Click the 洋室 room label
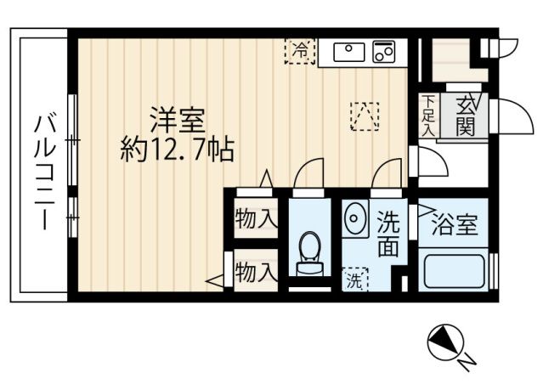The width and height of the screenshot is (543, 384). [179, 117]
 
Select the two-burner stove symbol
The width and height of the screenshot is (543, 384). [384, 52]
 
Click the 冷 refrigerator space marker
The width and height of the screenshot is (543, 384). [299, 51]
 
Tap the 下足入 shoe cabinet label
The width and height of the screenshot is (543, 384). [428, 118]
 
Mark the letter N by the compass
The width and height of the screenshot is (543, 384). [467, 363]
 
